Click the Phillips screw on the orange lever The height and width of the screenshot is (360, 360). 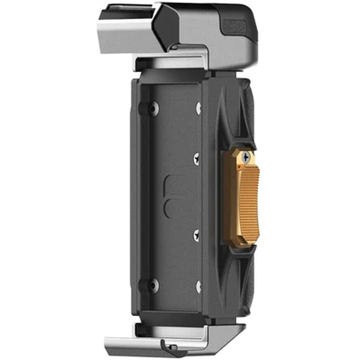coord(246,157)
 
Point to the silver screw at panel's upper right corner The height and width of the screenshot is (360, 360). coord(198,107)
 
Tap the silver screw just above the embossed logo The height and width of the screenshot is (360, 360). coord(197,158)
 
